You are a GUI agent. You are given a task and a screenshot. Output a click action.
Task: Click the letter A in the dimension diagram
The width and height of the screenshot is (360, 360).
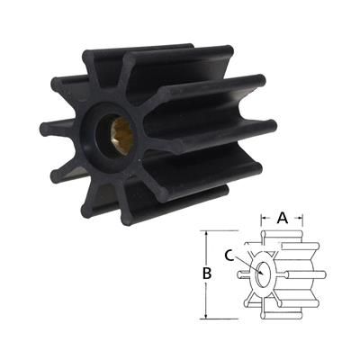click(x=283, y=216)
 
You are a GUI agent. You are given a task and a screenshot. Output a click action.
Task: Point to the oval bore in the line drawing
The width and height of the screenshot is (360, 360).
click(x=263, y=273)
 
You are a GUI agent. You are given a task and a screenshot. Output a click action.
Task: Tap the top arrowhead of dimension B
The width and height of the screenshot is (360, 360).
click(x=210, y=232)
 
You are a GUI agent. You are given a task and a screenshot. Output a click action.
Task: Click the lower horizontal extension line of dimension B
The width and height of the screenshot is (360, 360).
click(x=229, y=318)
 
